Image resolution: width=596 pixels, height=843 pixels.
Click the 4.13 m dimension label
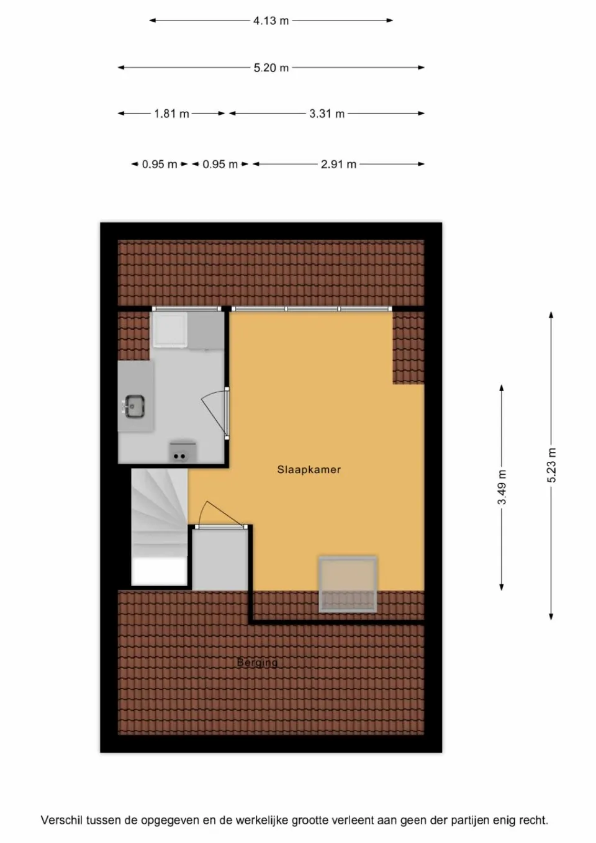click(x=271, y=20)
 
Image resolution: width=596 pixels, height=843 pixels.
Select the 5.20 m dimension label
click(x=271, y=68)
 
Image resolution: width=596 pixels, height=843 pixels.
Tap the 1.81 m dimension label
click(x=171, y=114)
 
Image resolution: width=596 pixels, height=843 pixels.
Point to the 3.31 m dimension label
click(x=327, y=114)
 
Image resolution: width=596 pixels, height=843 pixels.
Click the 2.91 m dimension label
click(x=338, y=165)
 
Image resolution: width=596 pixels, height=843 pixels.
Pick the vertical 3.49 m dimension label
click(x=502, y=487)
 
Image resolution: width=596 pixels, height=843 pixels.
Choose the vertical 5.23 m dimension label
click(x=551, y=465)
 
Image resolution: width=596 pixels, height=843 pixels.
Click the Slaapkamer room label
click(x=309, y=470)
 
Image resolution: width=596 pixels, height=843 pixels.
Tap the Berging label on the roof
click(x=257, y=662)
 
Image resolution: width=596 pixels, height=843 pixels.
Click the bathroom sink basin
click(x=135, y=407)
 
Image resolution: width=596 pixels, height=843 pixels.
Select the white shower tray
click(x=170, y=328)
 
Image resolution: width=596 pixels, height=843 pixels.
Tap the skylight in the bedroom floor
click(x=348, y=584)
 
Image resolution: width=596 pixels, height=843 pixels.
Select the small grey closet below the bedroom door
click(x=220, y=559)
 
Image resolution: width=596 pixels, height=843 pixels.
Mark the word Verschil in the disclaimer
click(x=61, y=821)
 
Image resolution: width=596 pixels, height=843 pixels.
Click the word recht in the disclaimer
click(x=533, y=821)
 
